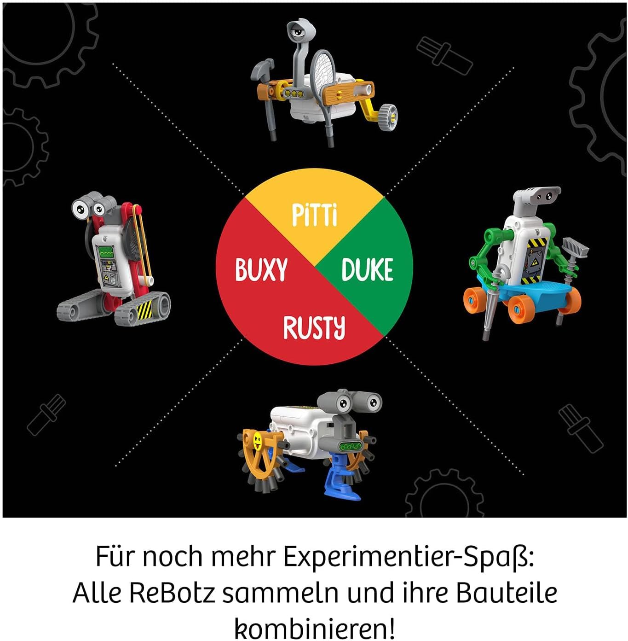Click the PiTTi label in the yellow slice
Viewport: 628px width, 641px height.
[x=315, y=215]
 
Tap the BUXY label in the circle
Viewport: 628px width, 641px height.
[x=261, y=269]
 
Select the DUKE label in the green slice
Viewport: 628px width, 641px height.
[x=367, y=269]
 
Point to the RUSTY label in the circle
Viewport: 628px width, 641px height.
[x=314, y=327]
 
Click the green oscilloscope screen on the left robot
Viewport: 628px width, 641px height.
[x=106, y=253]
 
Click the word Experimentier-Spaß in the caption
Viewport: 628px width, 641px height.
[x=408, y=557]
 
